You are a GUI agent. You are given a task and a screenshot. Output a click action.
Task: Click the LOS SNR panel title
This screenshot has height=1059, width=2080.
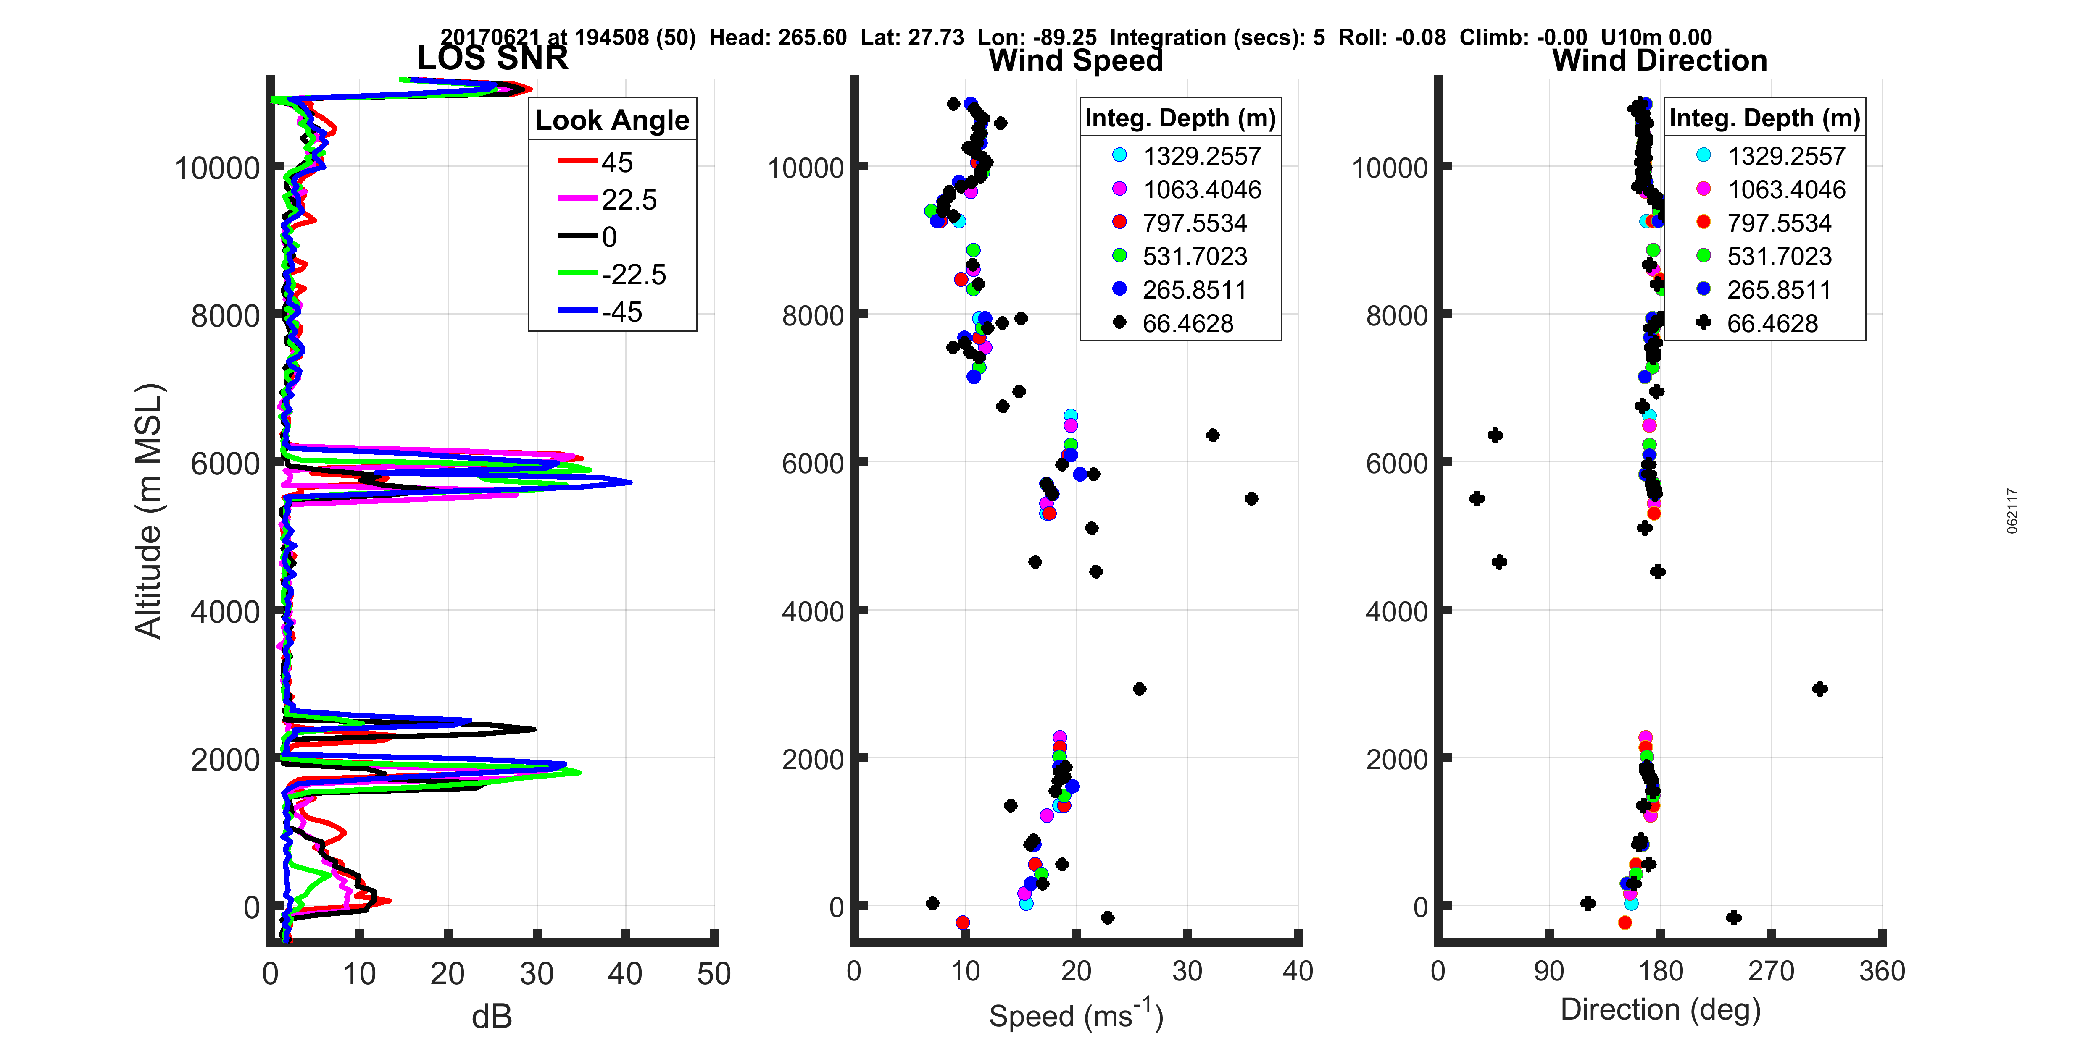coord(492,58)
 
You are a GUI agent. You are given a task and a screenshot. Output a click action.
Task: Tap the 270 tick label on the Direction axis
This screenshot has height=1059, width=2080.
coord(1771,971)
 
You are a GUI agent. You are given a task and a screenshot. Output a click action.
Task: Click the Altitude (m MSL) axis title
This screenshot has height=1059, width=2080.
coord(149,511)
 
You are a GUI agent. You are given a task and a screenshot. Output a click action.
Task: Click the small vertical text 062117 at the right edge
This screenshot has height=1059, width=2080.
coord(2012,510)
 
